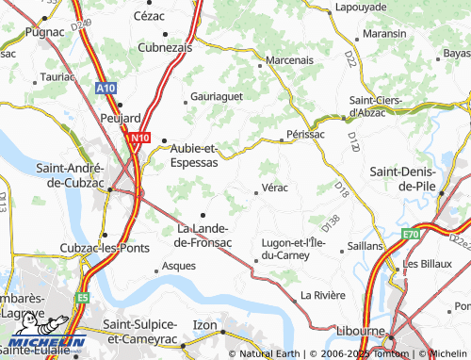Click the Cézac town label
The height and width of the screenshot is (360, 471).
148,16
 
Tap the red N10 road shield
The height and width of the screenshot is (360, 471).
138,137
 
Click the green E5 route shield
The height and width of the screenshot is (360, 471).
82,297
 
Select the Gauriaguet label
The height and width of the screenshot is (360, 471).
216,96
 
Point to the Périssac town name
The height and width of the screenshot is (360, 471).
305,135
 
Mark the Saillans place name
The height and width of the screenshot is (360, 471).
365,244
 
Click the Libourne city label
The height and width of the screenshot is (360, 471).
361,333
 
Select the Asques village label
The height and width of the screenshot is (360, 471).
179,266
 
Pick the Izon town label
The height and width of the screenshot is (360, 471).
204,325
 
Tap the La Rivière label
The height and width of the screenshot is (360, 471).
321,295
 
